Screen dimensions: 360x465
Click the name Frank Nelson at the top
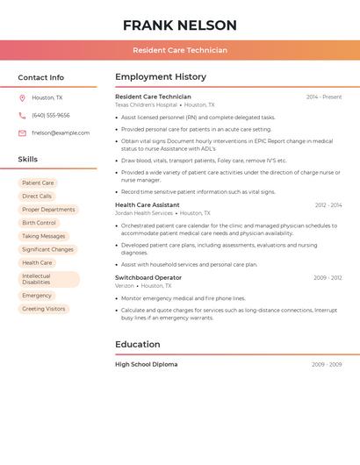tap(179, 25)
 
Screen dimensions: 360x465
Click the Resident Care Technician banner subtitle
tap(179, 50)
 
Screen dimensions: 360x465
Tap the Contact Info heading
tap(41, 77)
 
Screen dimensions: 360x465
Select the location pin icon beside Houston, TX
tap(22, 97)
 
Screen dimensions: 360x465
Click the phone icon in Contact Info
tap(22, 115)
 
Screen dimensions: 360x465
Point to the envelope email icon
tap(22, 133)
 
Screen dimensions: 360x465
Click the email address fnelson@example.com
tap(61, 133)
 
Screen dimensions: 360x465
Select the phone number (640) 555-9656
tap(51, 115)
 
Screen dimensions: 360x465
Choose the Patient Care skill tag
tap(38, 183)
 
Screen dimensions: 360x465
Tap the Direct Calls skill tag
tap(37, 197)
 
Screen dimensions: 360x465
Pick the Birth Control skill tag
tap(39, 223)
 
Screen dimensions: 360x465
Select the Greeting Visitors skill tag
tap(44, 309)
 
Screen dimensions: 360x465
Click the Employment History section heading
tap(161, 77)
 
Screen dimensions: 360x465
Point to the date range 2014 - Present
tap(324, 97)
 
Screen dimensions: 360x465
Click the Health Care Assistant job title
tap(147, 204)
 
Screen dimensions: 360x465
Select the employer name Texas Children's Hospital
tap(146, 104)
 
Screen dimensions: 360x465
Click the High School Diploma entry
tap(146, 364)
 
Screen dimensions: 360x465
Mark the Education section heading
tap(138, 344)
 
